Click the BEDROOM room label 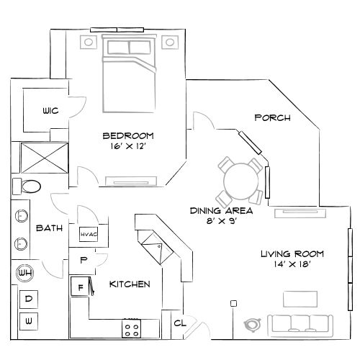[128, 135]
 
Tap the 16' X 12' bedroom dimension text [128, 146]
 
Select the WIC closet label [50, 110]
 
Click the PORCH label [273, 117]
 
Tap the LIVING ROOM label [292, 253]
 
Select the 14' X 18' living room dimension [292, 265]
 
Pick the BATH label [49, 228]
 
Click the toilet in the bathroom [29, 186]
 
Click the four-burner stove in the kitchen [131, 330]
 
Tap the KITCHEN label [130, 284]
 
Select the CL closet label [179, 323]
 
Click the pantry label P [84, 259]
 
